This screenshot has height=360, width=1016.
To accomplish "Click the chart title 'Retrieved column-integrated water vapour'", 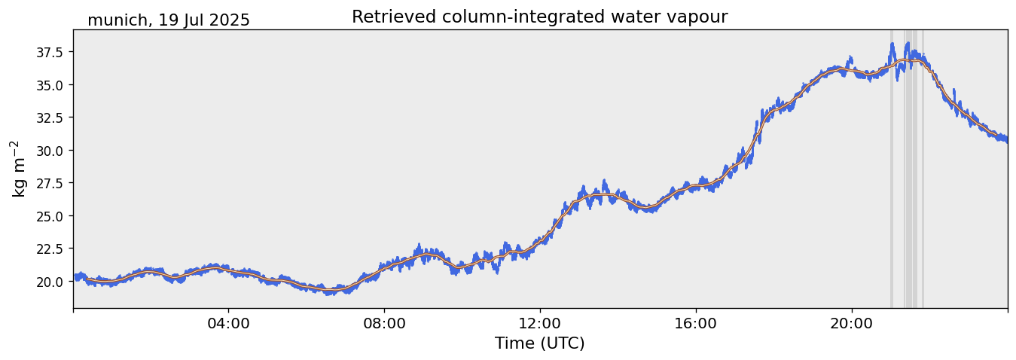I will click(x=539, y=17).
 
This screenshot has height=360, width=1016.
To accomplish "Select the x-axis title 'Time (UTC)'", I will click(x=539, y=343).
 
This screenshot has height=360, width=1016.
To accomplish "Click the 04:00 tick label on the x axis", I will click(x=229, y=325).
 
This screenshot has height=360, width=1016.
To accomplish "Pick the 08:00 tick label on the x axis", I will click(x=384, y=325).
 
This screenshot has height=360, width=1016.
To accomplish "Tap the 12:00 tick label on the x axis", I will click(x=540, y=325).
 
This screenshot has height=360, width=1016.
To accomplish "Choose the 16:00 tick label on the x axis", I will click(x=695, y=325).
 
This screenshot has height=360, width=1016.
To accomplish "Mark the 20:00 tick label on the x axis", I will click(x=851, y=325).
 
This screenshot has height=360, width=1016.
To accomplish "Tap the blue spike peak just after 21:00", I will click(x=892, y=44).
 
